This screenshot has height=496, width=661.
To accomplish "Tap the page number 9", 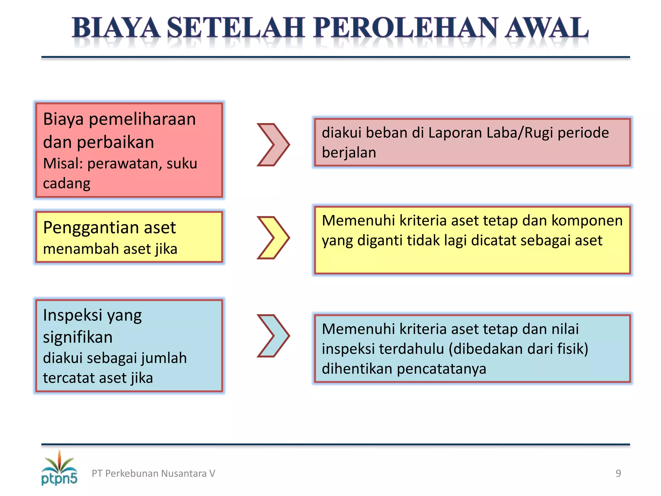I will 618,473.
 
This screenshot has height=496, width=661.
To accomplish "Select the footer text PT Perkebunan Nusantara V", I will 153,473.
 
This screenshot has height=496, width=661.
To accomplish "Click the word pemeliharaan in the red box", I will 142,119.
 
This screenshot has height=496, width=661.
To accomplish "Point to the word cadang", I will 67,183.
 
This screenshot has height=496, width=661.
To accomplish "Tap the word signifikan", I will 78,337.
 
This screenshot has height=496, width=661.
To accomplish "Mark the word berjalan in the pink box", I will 349,153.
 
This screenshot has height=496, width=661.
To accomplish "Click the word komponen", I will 587,221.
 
